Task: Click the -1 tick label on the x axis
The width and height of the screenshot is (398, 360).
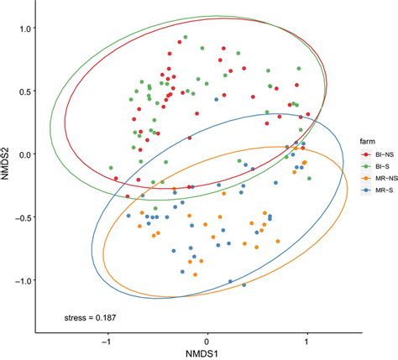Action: [x=106, y=342]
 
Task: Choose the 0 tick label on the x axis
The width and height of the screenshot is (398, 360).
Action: [x=207, y=342]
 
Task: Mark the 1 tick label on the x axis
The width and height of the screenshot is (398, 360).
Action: [x=306, y=342]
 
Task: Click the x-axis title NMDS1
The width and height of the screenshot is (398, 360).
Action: [x=207, y=353]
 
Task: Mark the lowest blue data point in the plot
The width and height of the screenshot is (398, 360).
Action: [x=244, y=286]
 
